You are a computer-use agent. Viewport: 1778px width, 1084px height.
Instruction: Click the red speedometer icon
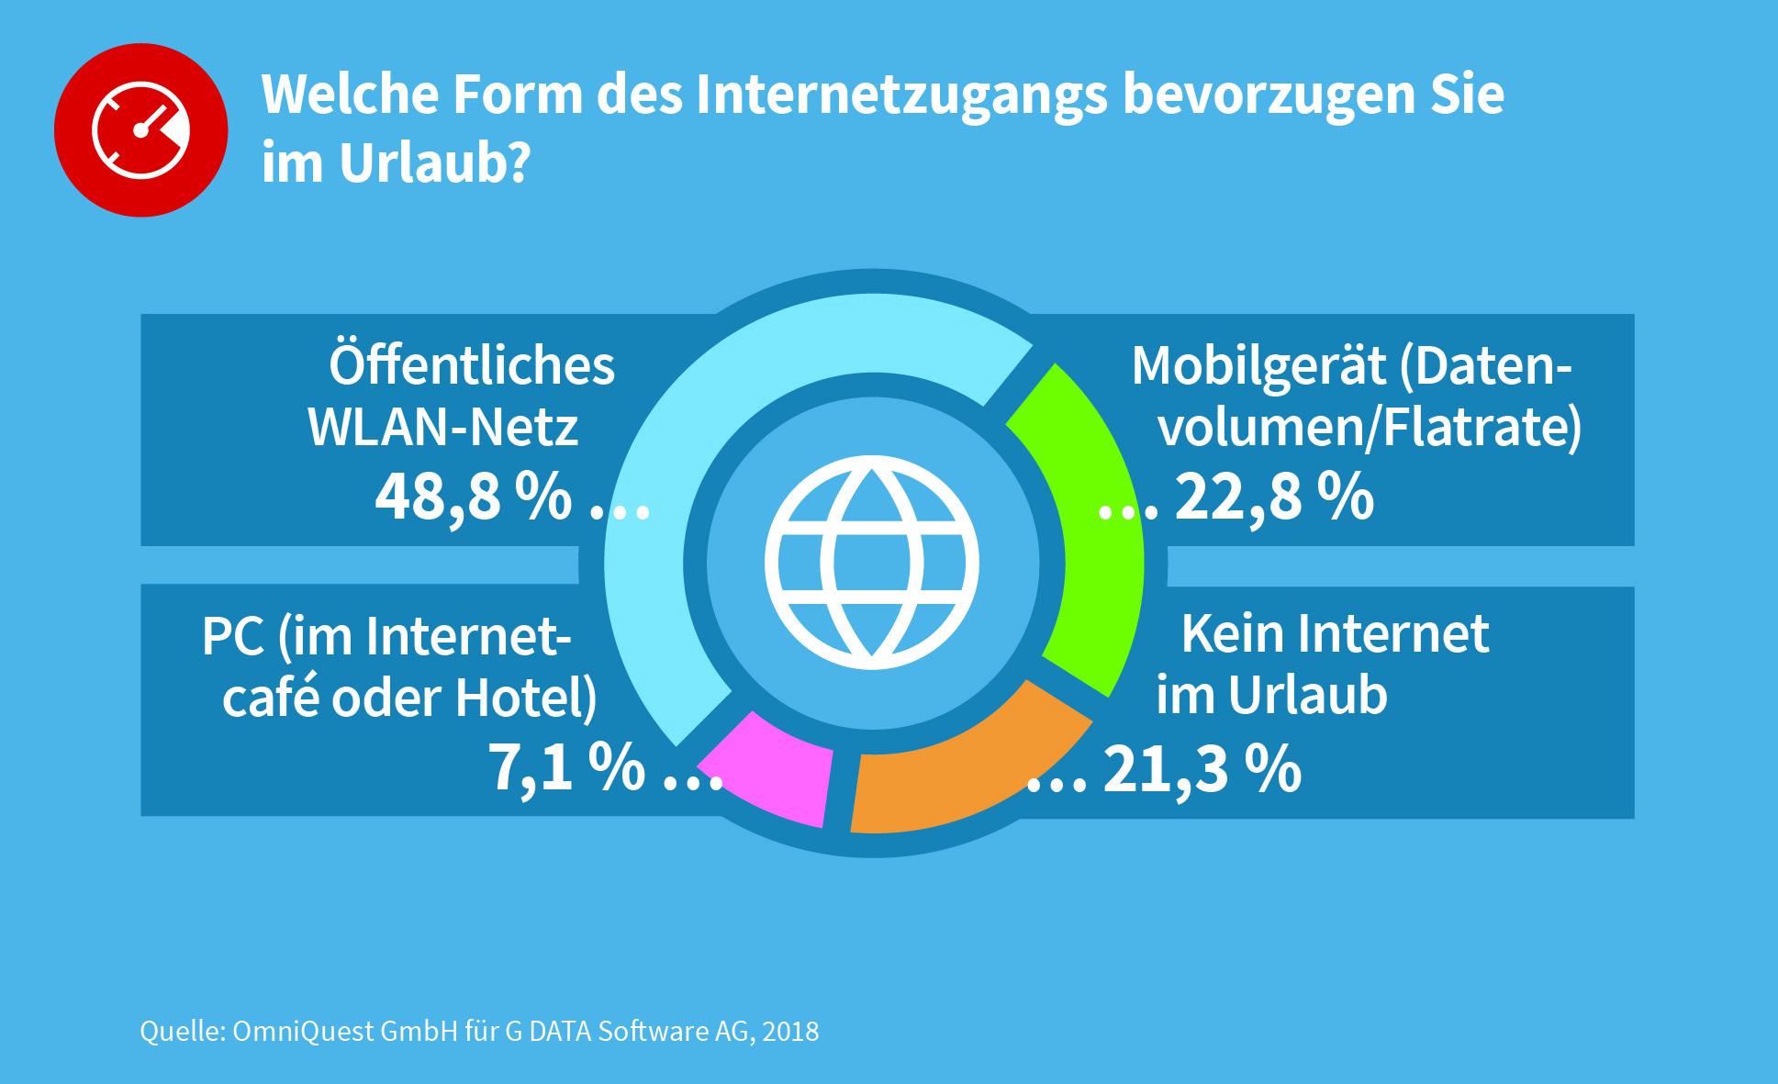coord(140,129)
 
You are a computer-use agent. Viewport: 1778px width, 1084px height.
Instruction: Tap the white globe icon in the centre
coord(872,563)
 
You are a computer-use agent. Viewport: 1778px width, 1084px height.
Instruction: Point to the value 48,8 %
coord(474,497)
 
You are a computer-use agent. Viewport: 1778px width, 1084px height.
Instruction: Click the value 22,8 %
coord(1274,497)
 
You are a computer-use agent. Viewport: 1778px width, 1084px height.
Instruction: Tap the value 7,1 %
coord(565,767)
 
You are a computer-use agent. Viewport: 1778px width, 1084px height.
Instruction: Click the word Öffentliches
coord(472,365)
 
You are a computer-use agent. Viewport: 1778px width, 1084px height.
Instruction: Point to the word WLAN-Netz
coord(443,428)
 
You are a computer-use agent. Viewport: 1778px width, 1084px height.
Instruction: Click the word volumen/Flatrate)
coord(1370,428)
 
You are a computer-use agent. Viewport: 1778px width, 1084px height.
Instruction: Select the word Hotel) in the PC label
coord(526,698)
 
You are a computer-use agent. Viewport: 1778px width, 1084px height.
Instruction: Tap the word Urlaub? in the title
coord(435,163)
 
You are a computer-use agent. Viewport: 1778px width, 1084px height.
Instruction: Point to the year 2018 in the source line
coord(790,1032)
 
